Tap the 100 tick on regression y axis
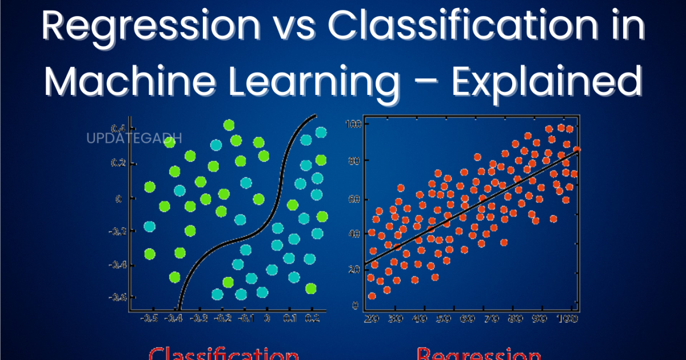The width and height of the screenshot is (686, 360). coord(353,124)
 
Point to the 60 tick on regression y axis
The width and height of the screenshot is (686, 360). coord(354,199)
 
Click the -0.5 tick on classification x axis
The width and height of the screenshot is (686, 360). coord(150,318)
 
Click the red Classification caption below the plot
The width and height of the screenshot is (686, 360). coord(224,353)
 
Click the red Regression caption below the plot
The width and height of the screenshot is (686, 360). coord(479,353)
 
